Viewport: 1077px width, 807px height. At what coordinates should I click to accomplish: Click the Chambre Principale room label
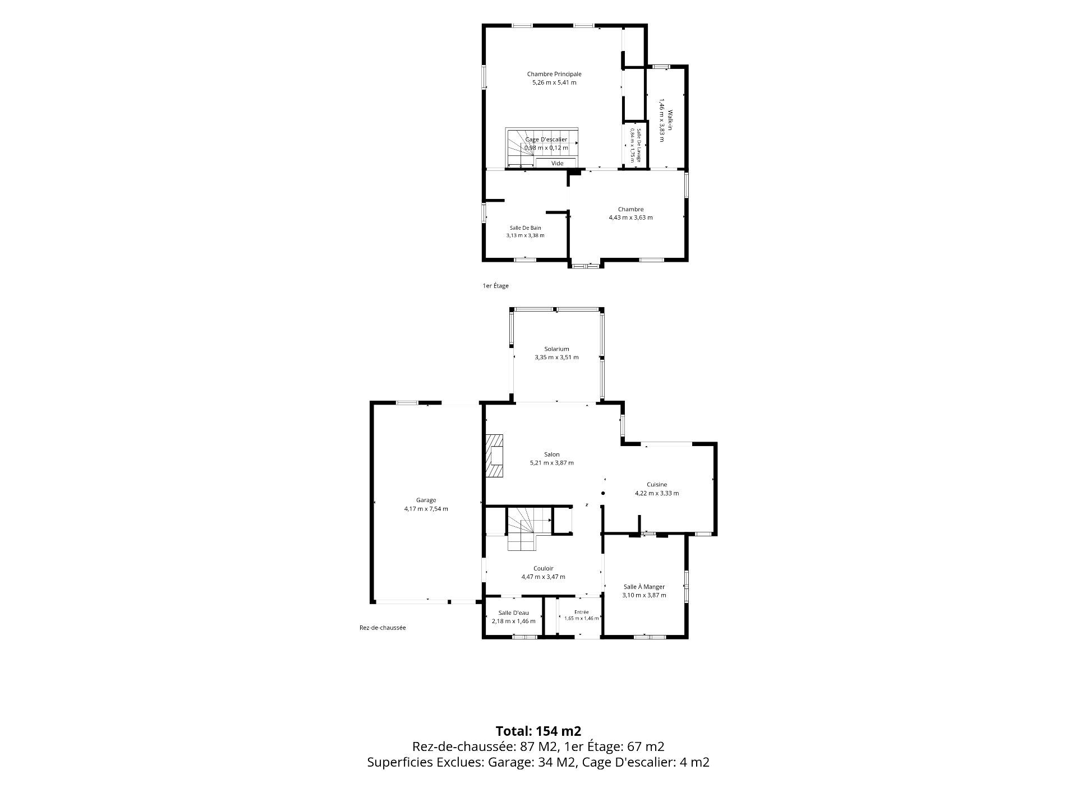pyautogui.click(x=554, y=74)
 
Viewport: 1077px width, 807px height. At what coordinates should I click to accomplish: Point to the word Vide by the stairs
pyautogui.click(x=557, y=164)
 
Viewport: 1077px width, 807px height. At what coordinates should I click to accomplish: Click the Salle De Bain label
pyautogui.click(x=526, y=228)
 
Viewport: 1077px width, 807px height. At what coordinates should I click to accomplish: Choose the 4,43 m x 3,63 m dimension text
pyautogui.click(x=631, y=217)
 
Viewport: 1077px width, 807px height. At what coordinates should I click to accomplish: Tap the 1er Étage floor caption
pyautogui.click(x=496, y=286)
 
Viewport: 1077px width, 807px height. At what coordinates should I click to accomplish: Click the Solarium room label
pyautogui.click(x=556, y=349)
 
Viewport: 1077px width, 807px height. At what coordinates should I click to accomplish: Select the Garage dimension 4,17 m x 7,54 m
pyautogui.click(x=426, y=509)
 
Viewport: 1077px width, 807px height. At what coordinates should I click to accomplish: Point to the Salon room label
pyautogui.click(x=552, y=454)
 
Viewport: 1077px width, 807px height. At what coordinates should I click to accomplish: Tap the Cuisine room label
pyautogui.click(x=657, y=485)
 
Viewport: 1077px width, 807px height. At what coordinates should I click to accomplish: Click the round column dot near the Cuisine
pyautogui.click(x=603, y=493)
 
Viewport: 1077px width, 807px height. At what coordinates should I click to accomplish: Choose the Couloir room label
pyautogui.click(x=544, y=568)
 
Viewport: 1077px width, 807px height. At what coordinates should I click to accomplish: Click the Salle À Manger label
pyautogui.click(x=644, y=587)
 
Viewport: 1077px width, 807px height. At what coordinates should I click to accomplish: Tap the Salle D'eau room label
pyautogui.click(x=513, y=613)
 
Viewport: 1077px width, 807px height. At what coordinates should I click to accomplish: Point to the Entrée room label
pyautogui.click(x=582, y=612)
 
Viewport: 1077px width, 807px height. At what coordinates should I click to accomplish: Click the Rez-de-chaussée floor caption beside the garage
pyautogui.click(x=383, y=628)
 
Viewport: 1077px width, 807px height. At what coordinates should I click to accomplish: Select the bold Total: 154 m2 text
pyautogui.click(x=538, y=731)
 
